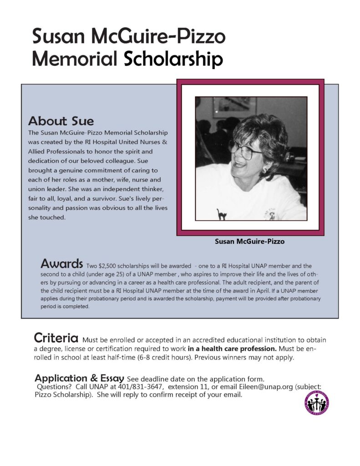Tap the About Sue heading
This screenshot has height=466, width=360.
coord(61,122)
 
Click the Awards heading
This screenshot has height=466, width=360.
coord(61,263)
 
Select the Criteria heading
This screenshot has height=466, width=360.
coord(56,339)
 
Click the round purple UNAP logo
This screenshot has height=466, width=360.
coord(317,403)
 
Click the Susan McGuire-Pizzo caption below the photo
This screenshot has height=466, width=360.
coord(249,242)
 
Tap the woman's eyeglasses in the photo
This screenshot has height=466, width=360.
coord(246,150)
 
